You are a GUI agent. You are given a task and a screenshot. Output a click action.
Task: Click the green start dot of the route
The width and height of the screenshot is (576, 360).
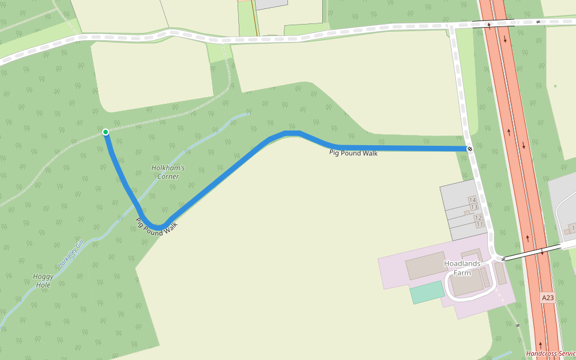click(106, 132)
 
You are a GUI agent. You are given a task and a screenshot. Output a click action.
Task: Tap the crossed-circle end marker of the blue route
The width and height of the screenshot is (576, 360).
click(470, 149)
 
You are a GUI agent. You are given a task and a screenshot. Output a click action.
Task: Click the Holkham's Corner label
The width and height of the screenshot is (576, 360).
click(168, 172)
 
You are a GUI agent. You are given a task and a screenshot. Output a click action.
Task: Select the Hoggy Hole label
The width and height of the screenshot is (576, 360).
click(43, 281)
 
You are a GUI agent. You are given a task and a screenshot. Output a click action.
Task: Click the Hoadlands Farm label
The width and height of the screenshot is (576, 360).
click(462, 268)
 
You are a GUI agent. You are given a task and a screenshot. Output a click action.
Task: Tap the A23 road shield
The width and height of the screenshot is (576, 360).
click(547, 298)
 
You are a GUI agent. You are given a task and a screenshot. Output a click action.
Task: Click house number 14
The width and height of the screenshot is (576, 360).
click(472, 200)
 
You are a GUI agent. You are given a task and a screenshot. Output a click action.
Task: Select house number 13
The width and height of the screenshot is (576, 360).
click(474, 208)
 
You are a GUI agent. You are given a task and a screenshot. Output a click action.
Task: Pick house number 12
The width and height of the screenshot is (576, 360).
click(478, 218)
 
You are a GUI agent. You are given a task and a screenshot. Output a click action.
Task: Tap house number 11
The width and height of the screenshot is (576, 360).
click(479, 224)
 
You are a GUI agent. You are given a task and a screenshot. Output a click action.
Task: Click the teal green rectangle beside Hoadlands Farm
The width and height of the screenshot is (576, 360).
click(427, 292)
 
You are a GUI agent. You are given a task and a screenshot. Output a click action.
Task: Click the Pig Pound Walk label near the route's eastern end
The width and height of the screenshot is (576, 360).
click(353, 153)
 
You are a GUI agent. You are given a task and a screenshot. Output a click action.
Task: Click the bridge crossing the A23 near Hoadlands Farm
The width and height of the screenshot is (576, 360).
click(531, 252)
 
